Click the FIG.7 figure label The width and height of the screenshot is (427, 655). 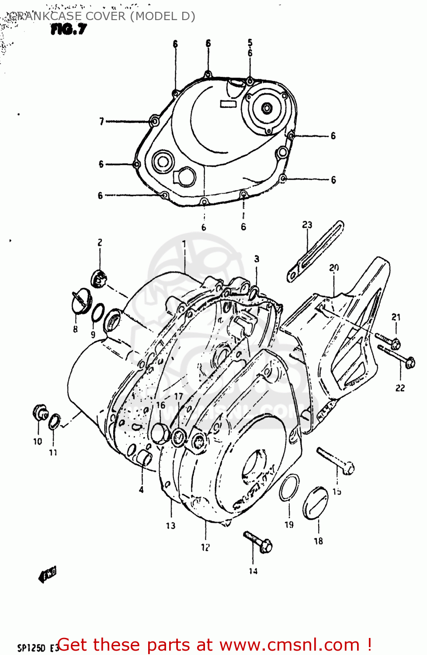[69, 29]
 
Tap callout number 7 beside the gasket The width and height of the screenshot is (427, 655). [101, 121]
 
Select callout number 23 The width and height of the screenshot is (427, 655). [307, 224]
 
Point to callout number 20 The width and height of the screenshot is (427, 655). [334, 267]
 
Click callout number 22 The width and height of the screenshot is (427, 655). [400, 388]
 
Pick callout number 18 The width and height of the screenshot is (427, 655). [318, 541]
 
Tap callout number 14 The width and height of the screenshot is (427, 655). [253, 571]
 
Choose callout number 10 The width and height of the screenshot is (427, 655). [38, 441]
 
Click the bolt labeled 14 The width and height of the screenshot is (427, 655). [258, 541]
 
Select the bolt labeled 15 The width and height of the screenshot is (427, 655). [336, 461]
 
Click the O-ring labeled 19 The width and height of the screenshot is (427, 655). [289, 488]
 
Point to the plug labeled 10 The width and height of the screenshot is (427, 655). [40, 412]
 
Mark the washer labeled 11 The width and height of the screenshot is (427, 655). [54, 422]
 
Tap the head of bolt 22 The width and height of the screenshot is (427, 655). [410, 362]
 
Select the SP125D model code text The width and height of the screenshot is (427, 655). [31, 648]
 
